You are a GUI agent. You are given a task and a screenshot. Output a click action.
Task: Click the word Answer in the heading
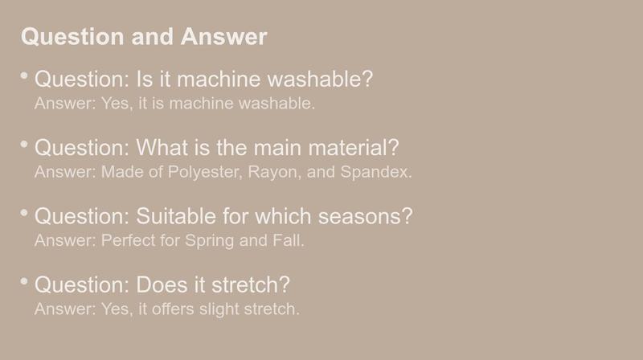224,36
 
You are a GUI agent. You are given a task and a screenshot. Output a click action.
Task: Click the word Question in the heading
72,37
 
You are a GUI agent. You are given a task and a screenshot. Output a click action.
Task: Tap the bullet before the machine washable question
24,76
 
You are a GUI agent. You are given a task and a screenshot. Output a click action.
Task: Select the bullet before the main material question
24,144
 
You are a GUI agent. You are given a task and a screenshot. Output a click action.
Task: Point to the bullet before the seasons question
24,212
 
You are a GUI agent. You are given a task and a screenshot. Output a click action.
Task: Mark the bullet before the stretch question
24,281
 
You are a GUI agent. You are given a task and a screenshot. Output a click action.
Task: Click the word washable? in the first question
320,79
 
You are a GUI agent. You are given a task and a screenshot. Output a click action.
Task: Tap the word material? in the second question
354,147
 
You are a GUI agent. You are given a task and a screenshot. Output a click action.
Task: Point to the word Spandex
376,172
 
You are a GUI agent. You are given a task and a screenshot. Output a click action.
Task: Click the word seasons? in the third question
366,216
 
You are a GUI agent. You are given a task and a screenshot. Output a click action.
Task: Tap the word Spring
209,241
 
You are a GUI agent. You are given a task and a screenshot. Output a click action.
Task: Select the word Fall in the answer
289,240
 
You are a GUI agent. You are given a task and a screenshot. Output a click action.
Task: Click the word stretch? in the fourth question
251,284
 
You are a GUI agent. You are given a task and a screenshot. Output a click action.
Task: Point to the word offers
173,309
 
